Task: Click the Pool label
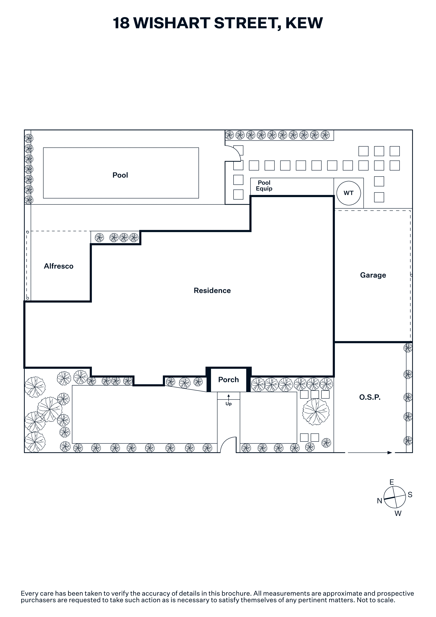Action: tap(120, 175)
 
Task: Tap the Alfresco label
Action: tap(59, 266)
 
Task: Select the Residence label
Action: tap(212, 291)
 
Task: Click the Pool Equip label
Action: tap(264, 186)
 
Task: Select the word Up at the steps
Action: tap(228, 404)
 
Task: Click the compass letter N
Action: tap(379, 501)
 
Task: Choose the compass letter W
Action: tap(398, 514)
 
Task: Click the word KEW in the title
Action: tap(304, 23)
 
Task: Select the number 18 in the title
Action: tap(121, 23)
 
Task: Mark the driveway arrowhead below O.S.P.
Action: tap(390, 453)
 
